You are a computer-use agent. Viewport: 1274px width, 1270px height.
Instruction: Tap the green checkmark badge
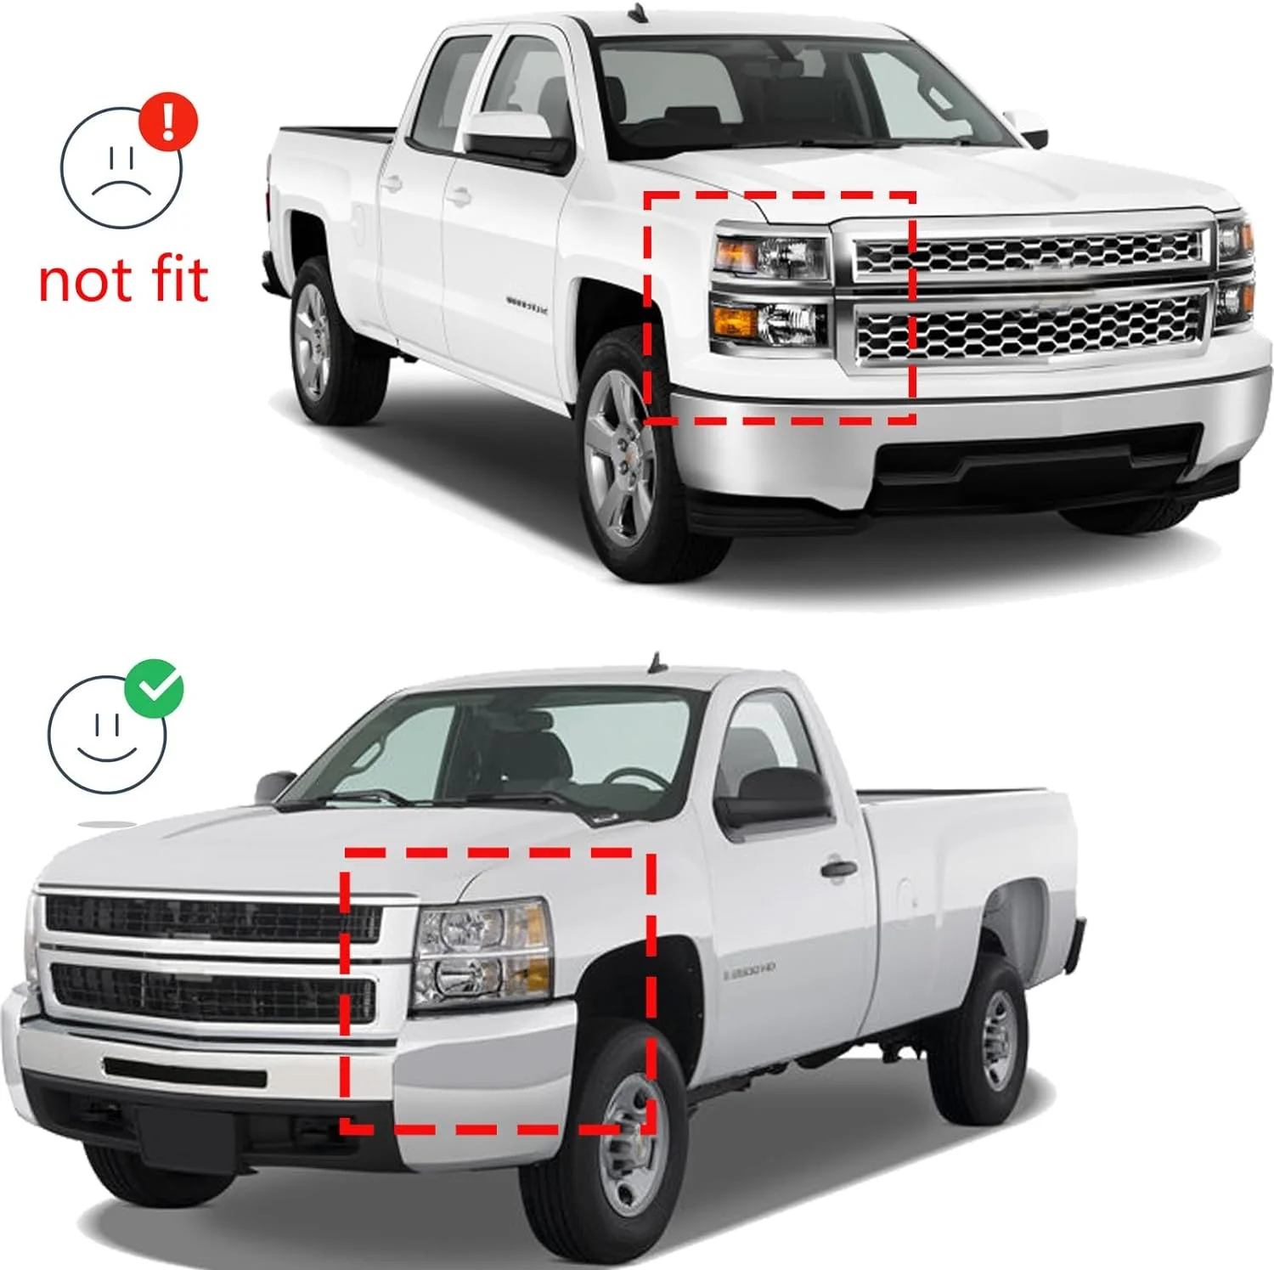(x=155, y=687)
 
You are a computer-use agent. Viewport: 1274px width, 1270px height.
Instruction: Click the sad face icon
(x=120, y=169)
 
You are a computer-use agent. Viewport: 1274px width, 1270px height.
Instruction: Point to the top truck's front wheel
(x=623, y=460)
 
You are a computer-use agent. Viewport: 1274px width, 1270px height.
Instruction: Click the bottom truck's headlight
(x=482, y=951)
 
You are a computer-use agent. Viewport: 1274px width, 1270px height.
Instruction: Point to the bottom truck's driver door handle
(x=837, y=869)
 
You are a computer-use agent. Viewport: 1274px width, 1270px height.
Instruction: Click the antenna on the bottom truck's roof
(x=654, y=662)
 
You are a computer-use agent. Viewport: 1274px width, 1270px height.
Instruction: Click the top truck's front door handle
(x=459, y=198)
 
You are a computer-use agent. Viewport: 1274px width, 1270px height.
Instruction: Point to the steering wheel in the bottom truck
(x=634, y=776)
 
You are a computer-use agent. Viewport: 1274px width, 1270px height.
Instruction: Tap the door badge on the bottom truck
(x=749, y=969)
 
